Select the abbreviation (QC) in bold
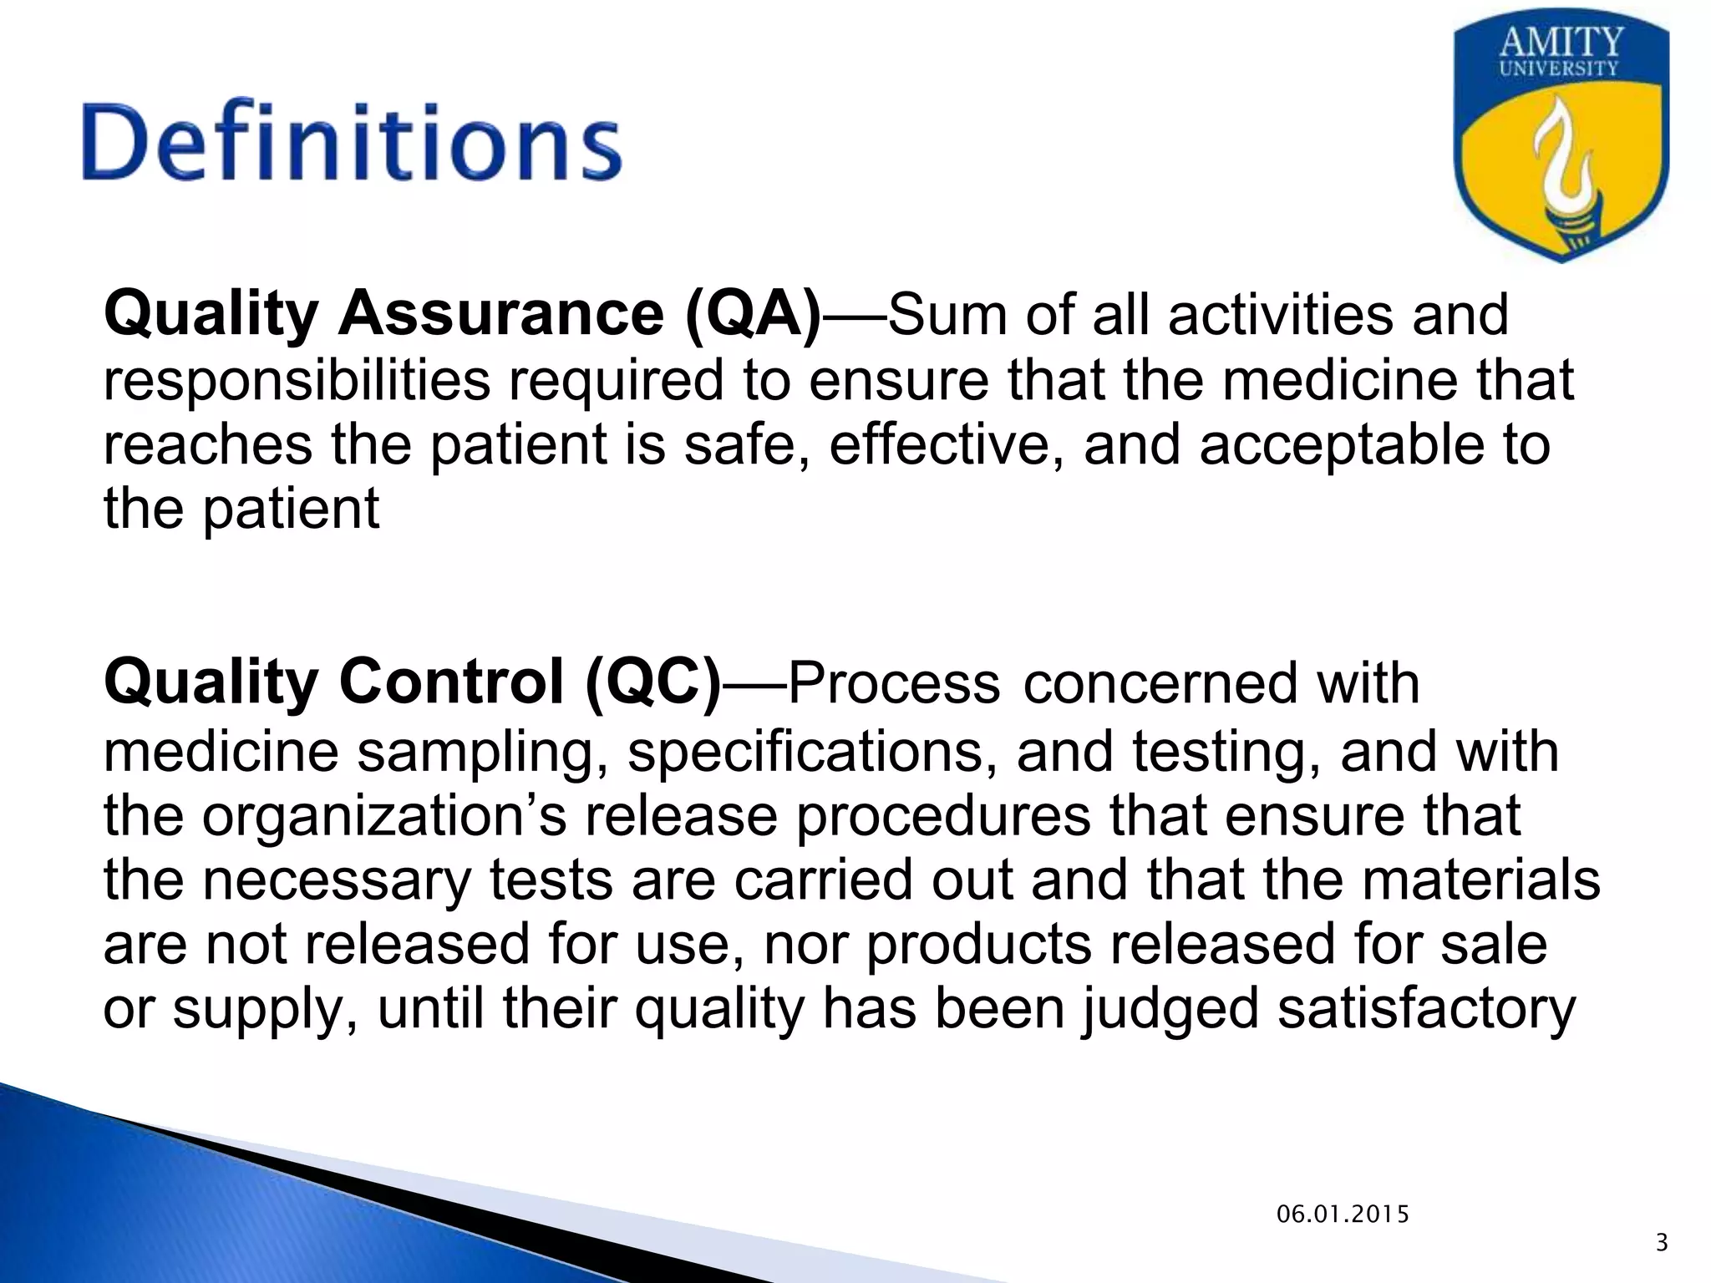click(652, 682)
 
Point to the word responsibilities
click(297, 380)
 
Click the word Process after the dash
click(893, 682)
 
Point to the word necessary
click(337, 880)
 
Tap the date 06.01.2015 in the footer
click(1343, 1215)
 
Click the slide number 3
click(1661, 1244)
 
